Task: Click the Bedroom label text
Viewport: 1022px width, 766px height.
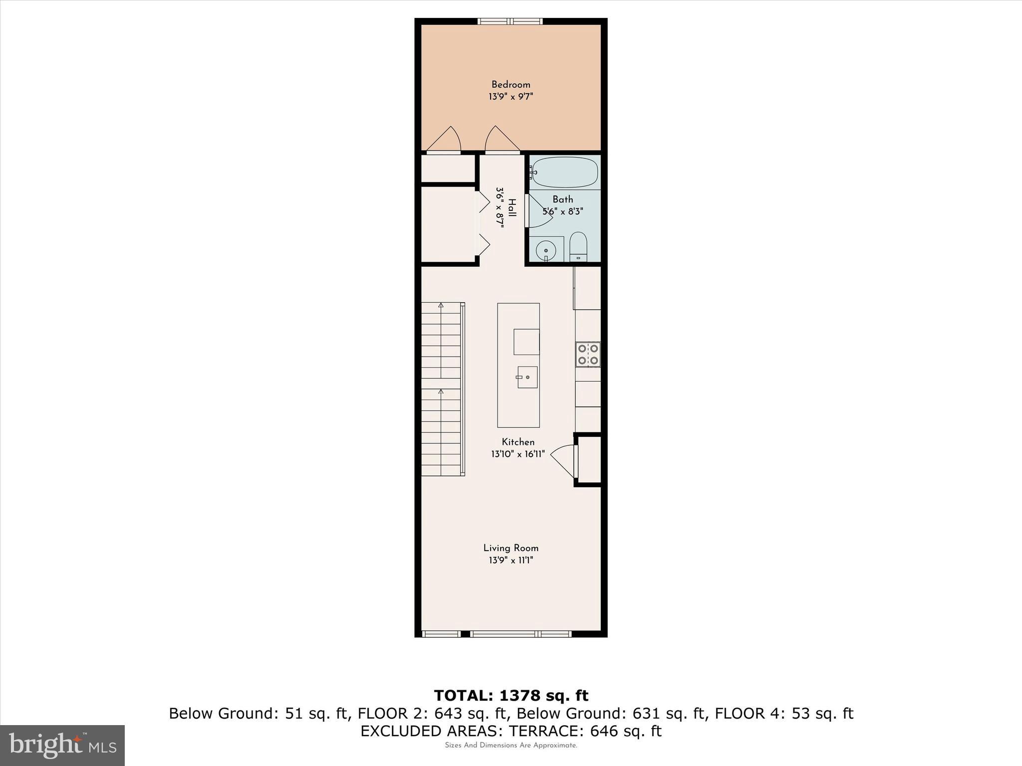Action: (x=511, y=85)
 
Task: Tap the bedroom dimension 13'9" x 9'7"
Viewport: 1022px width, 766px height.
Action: (x=511, y=97)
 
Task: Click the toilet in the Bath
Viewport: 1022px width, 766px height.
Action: (x=579, y=246)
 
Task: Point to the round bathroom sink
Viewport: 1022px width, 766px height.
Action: (x=546, y=250)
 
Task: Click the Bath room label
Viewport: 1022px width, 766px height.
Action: (x=562, y=199)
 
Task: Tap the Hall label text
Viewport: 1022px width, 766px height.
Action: (x=512, y=208)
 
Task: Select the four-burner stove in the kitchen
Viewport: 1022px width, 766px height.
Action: (x=588, y=355)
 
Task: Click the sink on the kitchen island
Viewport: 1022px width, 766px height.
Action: (x=527, y=377)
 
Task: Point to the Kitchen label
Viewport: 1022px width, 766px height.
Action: (x=518, y=442)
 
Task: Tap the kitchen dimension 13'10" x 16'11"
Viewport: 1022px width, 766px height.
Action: (x=518, y=454)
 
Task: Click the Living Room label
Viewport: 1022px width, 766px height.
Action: (x=511, y=548)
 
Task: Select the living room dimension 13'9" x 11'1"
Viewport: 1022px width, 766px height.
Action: (x=511, y=561)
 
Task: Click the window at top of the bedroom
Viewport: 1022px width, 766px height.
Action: (x=510, y=21)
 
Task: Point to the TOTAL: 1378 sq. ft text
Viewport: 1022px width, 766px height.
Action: (x=511, y=696)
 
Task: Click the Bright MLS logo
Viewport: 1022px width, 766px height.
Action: (x=62, y=745)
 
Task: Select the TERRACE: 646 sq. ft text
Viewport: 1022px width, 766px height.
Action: (x=585, y=731)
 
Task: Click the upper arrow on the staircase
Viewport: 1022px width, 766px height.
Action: (x=441, y=305)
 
